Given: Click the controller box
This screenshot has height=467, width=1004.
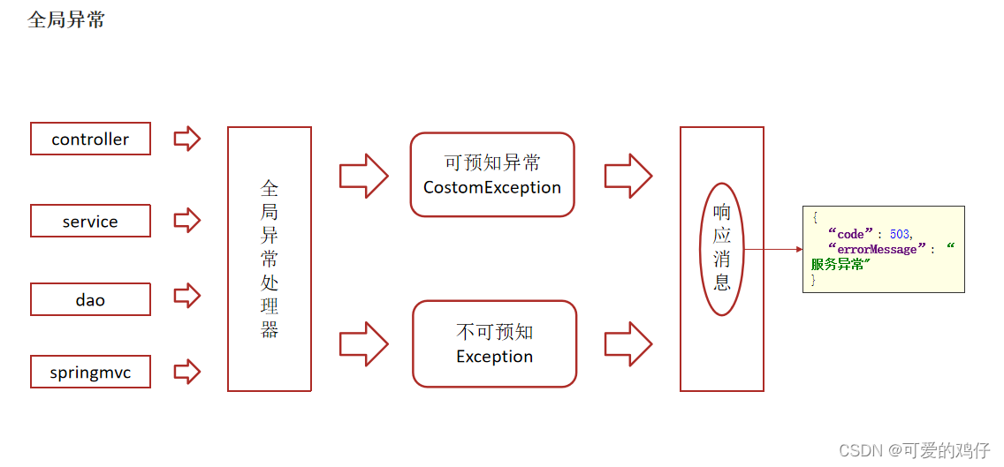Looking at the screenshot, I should coord(90,139).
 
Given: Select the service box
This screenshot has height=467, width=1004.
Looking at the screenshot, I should coord(90,221).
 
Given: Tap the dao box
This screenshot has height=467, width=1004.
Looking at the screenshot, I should coord(90,299).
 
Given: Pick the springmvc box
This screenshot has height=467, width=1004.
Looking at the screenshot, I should coord(90,372).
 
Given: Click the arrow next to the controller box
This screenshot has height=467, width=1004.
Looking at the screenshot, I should coord(186,139).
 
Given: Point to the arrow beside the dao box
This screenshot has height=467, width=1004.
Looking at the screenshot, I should coord(186,296).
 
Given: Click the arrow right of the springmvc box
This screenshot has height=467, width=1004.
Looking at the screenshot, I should coord(186,372).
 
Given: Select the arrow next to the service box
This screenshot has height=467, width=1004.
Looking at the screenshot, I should coord(186,220).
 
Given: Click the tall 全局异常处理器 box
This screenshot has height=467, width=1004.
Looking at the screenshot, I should coord(270,259).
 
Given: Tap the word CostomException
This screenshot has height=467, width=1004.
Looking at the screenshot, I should coord(492,187).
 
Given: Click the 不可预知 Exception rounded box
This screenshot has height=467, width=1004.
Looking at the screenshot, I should coord(494,343).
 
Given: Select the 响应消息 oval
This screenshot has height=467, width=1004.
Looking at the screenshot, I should coord(722,249).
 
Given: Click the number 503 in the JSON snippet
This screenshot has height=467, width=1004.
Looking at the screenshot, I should coord(899,235).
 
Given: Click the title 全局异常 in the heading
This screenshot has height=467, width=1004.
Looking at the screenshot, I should coord(66,20).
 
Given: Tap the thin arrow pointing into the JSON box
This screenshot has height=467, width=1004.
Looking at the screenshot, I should coord(773,249).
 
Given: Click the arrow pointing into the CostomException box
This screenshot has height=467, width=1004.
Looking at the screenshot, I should coord(364,175).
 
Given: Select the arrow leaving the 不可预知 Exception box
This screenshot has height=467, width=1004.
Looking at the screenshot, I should coord(628,343).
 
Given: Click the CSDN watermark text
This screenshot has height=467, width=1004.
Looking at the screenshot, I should coord(914,450).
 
